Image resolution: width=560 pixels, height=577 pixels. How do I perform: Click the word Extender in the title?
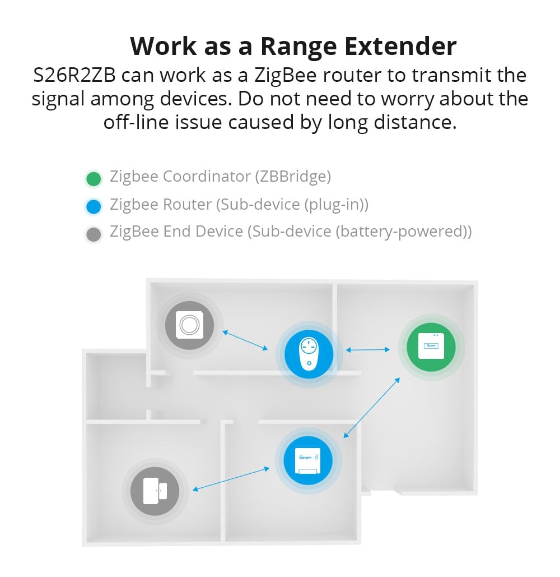[400, 46]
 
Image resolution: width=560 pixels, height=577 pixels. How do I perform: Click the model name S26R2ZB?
[74, 75]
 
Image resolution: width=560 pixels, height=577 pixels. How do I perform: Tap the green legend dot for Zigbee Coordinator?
[94, 179]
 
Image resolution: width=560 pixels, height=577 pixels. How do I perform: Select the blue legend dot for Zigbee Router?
[94, 206]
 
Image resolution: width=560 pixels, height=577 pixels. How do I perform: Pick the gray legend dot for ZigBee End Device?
[94, 234]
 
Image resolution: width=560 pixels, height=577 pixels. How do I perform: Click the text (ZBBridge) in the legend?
[293, 177]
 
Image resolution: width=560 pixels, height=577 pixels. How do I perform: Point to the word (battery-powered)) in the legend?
[403, 232]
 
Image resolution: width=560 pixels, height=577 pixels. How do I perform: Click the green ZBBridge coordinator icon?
[431, 347]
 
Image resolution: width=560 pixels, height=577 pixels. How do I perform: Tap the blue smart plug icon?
[309, 354]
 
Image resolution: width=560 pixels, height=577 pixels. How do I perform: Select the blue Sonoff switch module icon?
[308, 461]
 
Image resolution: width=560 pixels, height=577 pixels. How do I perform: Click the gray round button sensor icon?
[189, 325]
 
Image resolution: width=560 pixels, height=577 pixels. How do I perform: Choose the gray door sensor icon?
[155, 491]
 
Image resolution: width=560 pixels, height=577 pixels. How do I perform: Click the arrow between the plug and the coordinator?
[368, 350]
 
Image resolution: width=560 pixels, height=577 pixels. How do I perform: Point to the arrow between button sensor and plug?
[245, 340]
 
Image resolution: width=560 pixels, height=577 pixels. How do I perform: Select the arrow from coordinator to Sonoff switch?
[371, 408]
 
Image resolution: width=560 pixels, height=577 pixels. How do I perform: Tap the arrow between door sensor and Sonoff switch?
[231, 479]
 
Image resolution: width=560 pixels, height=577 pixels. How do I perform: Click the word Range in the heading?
[298, 46]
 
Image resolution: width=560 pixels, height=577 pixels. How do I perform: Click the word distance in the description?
[415, 123]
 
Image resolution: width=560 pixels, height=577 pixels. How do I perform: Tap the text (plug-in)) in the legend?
[336, 205]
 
